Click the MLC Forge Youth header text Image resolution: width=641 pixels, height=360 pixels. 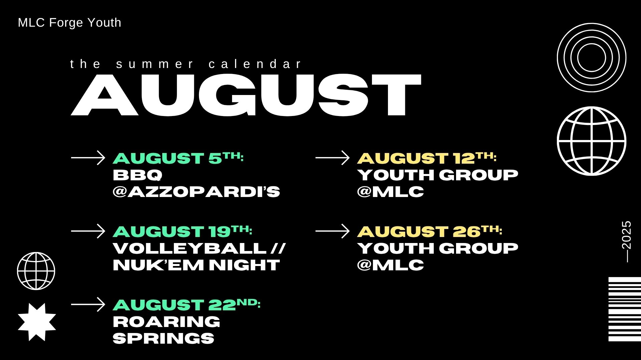point(69,23)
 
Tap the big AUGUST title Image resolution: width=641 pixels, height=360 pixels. point(246,95)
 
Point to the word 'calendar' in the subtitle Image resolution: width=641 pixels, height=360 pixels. point(255,64)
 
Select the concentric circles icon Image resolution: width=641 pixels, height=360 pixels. point(592,23)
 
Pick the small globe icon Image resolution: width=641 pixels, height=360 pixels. point(36,253)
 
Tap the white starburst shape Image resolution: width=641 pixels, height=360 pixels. point(37,322)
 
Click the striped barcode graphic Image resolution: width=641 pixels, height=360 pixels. point(625,309)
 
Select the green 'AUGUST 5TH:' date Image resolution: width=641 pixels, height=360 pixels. point(178,158)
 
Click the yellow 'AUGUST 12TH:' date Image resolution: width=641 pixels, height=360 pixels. point(427,158)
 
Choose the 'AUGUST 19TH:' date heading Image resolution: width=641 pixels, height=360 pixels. point(183,231)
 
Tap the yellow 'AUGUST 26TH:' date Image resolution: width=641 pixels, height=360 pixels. point(430,231)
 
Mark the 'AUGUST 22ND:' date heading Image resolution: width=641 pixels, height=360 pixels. point(187,305)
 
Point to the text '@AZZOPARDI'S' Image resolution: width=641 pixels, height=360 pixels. point(196,192)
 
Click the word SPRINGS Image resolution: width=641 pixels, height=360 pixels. point(164,338)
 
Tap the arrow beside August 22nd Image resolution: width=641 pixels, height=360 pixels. point(88,304)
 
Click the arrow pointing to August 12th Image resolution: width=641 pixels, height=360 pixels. point(333,158)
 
